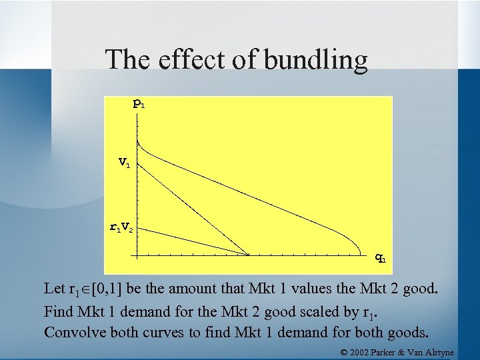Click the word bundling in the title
(x=316, y=60)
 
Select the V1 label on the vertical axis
(x=124, y=161)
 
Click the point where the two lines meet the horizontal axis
(x=249, y=255)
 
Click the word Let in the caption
(x=54, y=289)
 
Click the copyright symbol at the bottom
(x=344, y=351)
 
